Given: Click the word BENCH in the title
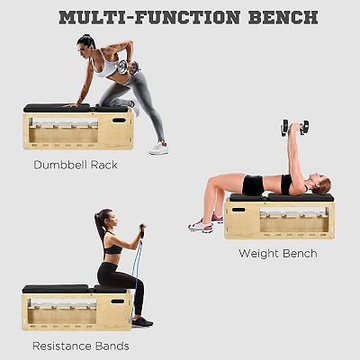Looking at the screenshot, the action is [x=283, y=17].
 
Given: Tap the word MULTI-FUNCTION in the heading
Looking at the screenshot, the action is [x=149, y=17].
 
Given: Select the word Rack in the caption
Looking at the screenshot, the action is [x=104, y=165].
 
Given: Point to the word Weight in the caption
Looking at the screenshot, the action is [x=258, y=254].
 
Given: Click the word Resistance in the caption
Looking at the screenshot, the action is [x=62, y=346].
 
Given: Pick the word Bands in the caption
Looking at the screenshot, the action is [x=112, y=346].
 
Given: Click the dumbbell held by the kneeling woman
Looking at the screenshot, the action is [x=128, y=67].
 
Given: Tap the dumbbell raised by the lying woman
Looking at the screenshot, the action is [x=294, y=128].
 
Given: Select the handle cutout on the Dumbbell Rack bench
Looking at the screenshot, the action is [x=119, y=121].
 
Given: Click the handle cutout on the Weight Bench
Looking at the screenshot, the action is [x=238, y=210].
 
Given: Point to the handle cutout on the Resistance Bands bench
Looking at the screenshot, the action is [x=118, y=301].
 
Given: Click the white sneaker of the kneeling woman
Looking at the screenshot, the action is [x=158, y=148].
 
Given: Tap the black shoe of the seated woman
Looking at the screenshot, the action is [x=142, y=322].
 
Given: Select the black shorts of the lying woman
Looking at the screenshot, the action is [x=253, y=185].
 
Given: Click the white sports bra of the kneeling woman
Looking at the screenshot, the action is [x=105, y=67].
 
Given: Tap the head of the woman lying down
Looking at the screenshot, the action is [x=320, y=184].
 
